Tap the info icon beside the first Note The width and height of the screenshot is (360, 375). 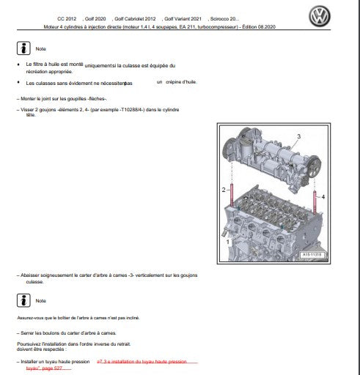tap(23, 48)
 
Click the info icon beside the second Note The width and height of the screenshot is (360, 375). tap(23, 300)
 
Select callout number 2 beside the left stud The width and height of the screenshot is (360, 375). tap(224, 190)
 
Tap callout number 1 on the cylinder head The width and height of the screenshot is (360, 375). tap(228, 240)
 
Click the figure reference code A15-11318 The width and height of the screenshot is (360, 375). tap(313, 255)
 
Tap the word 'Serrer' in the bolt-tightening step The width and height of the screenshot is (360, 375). tap(29, 333)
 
